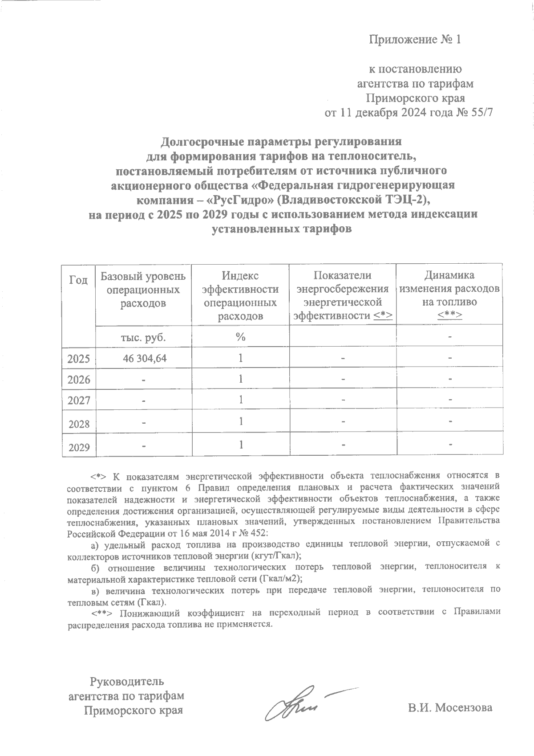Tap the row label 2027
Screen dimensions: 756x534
coord(78,400)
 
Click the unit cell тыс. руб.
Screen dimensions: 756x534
coord(143,337)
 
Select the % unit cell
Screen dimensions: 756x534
coord(241,337)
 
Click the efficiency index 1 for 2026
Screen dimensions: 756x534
coord(241,379)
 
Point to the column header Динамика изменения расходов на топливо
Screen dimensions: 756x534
coord(449,294)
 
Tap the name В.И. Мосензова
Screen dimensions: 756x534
coord(450,707)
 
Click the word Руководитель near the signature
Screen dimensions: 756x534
coord(127,681)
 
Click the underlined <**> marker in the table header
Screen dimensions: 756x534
coord(449,315)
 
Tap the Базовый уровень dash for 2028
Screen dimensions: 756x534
coord(143,424)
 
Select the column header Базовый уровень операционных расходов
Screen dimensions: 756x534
coord(143,290)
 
